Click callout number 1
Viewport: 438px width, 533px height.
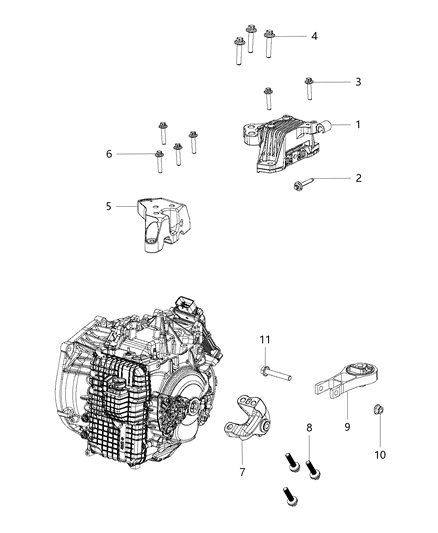tap(357, 125)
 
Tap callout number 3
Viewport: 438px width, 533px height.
tap(357, 82)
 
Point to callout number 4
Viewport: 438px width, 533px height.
tap(314, 36)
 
